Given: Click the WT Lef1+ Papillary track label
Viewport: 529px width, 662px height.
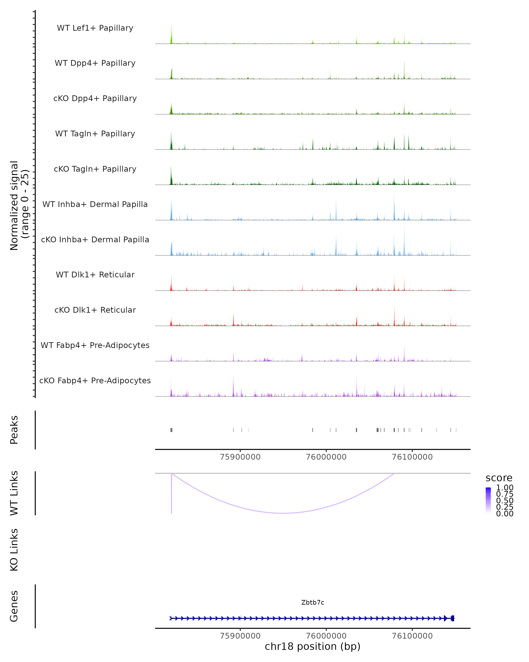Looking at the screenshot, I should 95,28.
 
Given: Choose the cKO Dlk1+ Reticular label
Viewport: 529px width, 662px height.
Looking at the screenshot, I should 95,310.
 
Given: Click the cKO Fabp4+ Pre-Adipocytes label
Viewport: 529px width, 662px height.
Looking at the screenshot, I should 95,380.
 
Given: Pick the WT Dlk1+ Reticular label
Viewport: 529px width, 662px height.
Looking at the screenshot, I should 95,275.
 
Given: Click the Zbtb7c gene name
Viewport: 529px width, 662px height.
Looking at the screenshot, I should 313,602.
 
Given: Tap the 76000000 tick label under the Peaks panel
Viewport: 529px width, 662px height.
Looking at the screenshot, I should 326,457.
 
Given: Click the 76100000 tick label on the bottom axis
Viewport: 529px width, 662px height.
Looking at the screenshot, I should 412,636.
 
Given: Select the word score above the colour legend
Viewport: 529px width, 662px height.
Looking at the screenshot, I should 499,478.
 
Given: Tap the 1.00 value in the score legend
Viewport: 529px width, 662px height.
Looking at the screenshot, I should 505,488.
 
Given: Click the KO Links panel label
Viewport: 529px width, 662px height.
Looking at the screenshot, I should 14,550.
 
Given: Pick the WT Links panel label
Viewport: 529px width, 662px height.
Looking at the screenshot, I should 14,493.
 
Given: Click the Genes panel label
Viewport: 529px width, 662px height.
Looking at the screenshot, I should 14,606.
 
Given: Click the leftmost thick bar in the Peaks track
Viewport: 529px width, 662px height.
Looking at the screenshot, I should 171,430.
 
